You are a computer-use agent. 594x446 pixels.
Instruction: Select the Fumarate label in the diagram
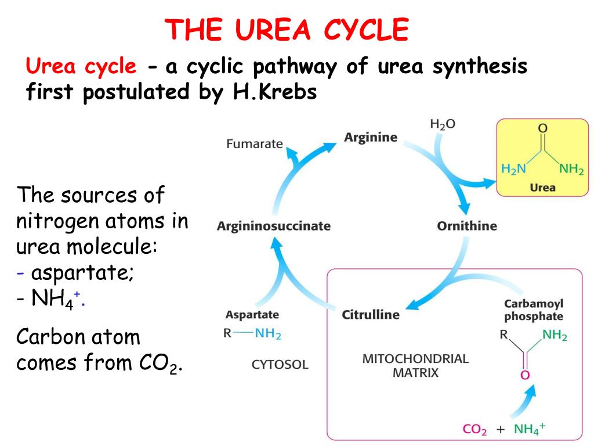[254, 143]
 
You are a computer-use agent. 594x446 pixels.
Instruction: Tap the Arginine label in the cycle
[371, 138]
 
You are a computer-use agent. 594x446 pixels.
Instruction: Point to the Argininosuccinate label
[273, 226]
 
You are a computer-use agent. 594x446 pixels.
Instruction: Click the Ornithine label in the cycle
[466, 226]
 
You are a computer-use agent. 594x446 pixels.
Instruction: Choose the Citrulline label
[371, 315]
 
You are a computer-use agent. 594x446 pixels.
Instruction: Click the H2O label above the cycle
[442, 124]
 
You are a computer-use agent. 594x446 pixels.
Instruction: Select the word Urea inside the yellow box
[542, 188]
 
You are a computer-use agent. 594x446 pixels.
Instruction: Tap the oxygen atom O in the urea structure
[543, 128]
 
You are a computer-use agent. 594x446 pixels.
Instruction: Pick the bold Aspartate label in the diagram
[252, 315]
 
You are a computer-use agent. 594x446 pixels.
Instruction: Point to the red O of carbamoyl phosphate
[524, 375]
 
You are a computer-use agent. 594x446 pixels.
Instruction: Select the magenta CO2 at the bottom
[475, 430]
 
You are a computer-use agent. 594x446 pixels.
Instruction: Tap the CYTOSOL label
[280, 365]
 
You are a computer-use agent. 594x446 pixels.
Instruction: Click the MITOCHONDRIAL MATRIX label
[415, 365]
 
